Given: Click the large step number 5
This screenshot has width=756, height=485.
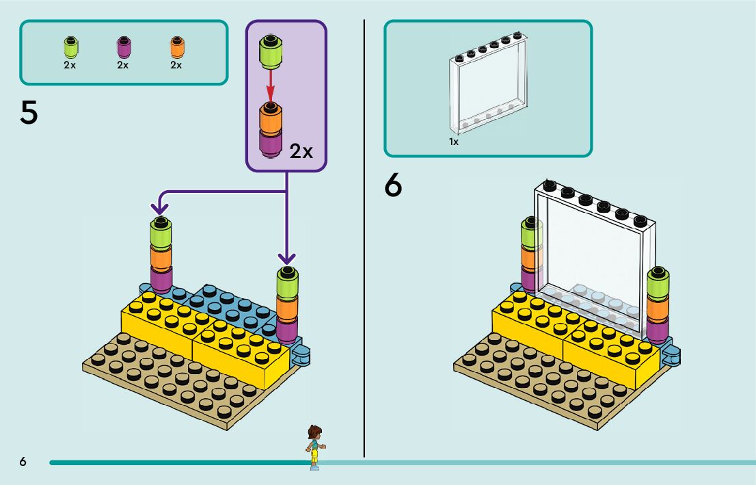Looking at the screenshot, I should pyautogui.click(x=29, y=112).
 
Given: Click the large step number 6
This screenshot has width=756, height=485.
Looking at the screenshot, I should pyautogui.click(x=393, y=185).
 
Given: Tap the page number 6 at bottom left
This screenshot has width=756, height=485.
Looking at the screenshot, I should pyautogui.click(x=23, y=462).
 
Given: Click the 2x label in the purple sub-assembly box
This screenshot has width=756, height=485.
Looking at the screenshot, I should pyautogui.click(x=301, y=151).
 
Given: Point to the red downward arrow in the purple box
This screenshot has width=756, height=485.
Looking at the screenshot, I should pyautogui.click(x=271, y=86).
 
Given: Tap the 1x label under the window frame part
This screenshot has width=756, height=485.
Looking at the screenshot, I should pyautogui.click(x=454, y=142).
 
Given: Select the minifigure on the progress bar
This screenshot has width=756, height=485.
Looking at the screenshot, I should pyautogui.click(x=314, y=446).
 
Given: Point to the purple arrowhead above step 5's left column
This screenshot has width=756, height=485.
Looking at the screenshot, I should pyautogui.click(x=160, y=205).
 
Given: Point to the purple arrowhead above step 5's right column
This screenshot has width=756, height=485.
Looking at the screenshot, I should pyautogui.click(x=287, y=258).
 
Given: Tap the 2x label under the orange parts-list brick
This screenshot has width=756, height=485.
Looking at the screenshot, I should pyautogui.click(x=176, y=65).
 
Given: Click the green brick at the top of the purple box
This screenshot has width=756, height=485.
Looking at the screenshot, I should pyautogui.click(x=271, y=53).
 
